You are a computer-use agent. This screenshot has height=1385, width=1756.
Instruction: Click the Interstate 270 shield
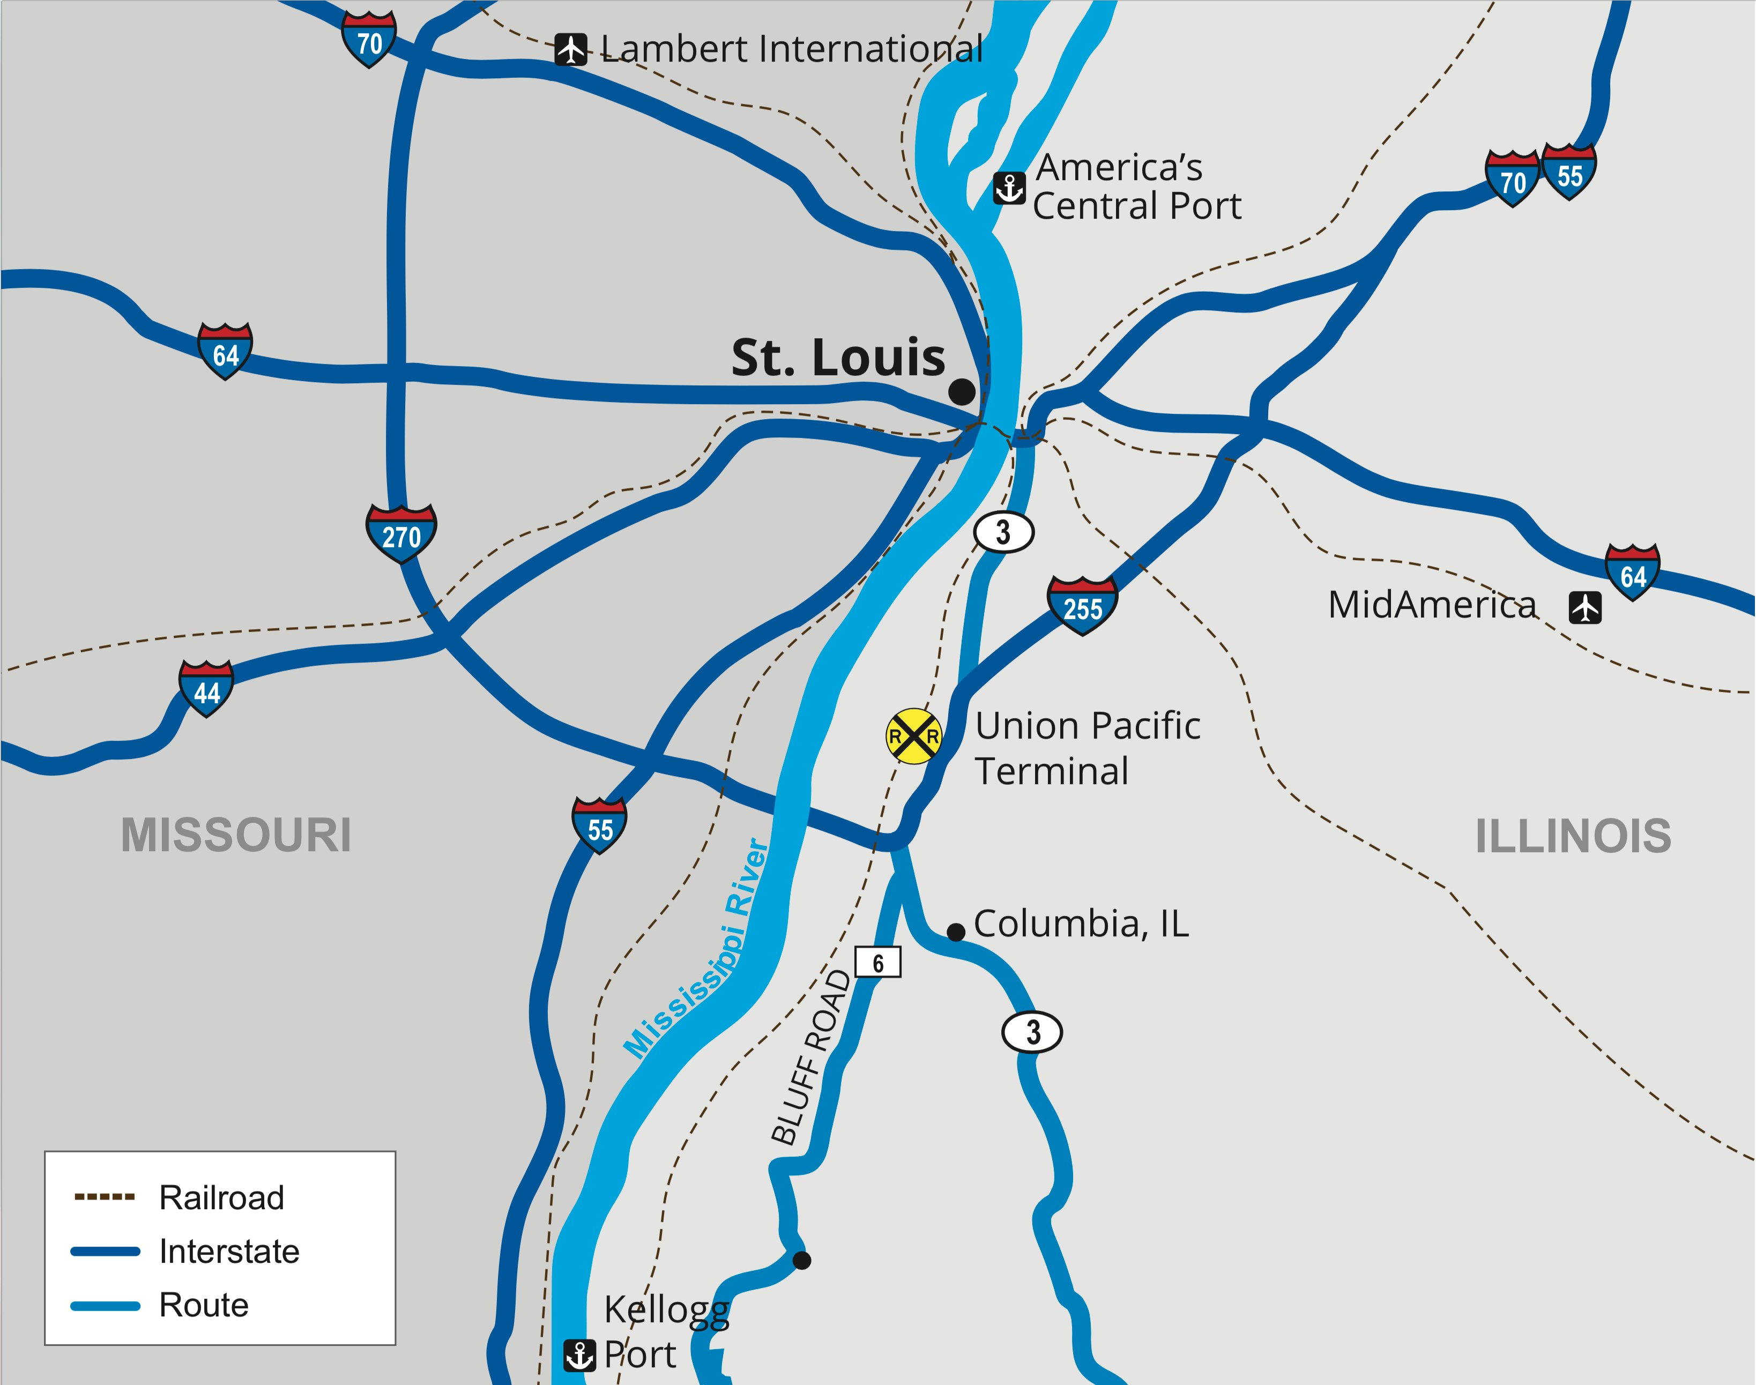[x=401, y=533]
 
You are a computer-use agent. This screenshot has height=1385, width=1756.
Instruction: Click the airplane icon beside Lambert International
[x=571, y=49]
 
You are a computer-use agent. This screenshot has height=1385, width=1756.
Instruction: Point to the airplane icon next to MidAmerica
[x=1585, y=607]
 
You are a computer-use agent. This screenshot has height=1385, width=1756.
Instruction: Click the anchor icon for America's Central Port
[x=1009, y=188]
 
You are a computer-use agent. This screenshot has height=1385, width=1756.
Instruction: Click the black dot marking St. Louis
[x=962, y=392]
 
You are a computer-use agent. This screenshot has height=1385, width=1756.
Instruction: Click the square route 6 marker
[x=878, y=963]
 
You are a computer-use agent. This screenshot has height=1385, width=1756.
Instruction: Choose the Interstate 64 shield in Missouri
[x=225, y=351]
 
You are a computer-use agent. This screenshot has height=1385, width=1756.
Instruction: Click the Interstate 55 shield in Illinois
[x=1569, y=172]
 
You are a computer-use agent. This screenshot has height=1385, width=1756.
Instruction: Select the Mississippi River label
[x=697, y=949]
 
